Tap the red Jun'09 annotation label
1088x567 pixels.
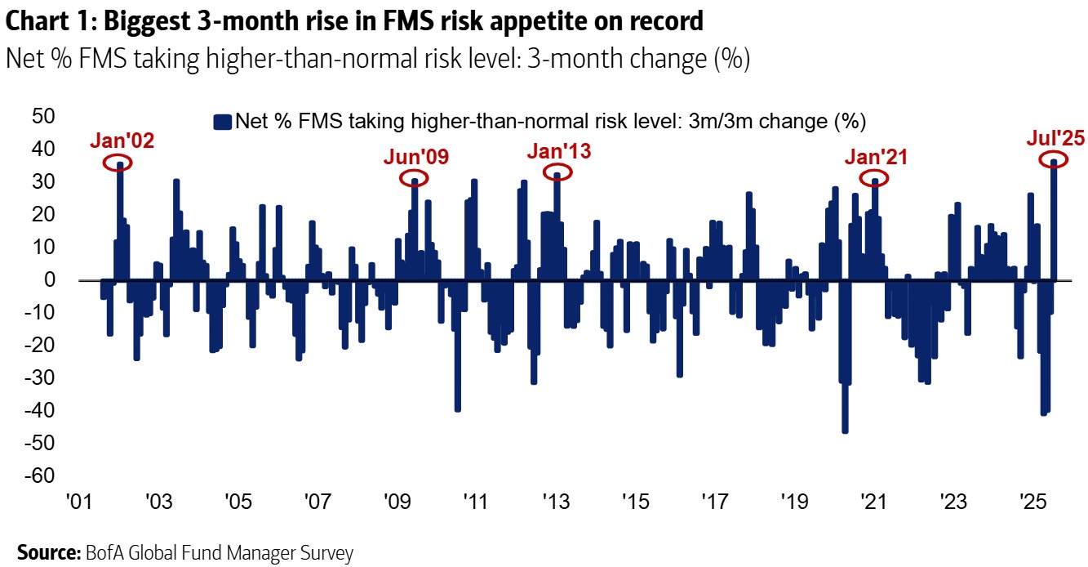415,158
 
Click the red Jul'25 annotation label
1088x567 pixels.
1055,138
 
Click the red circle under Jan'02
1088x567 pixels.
119,163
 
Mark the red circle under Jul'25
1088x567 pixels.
1055,160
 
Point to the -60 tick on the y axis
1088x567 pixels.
38,475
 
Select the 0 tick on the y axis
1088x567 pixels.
49,279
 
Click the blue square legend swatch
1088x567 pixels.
221,122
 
